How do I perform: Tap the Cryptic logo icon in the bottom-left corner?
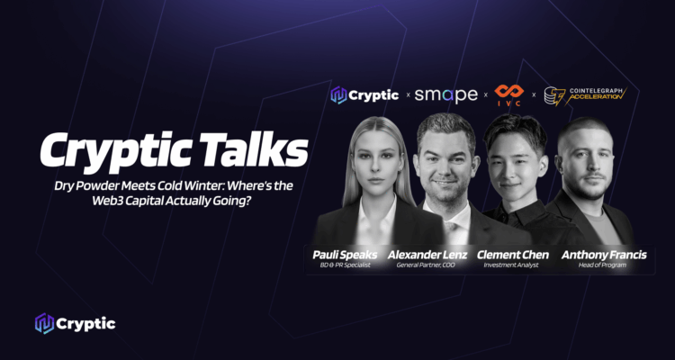click(x=44, y=323)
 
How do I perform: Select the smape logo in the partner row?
click(x=445, y=94)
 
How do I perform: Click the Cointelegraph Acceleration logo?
click(x=585, y=94)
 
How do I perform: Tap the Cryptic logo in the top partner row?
click(x=364, y=94)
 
